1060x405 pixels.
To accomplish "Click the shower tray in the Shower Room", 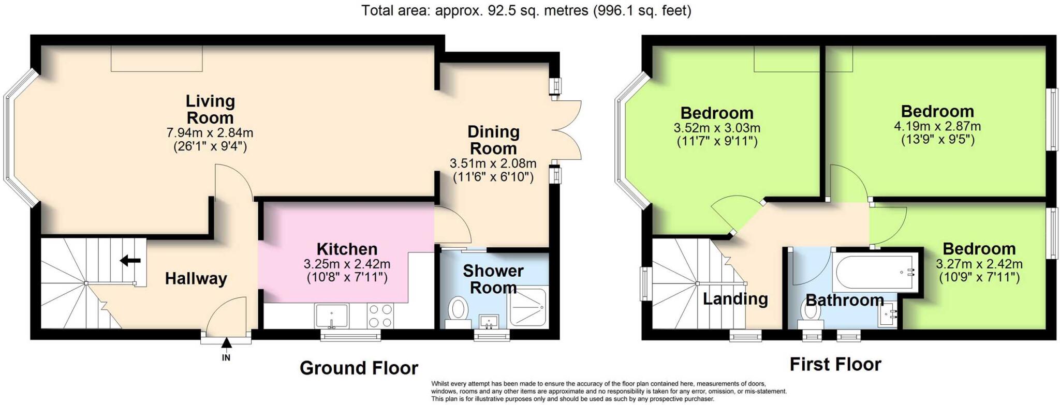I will [x=527, y=307].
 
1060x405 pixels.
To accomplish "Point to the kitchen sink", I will [x=331, y=316].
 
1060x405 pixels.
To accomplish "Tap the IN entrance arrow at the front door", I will [x=226, y=343].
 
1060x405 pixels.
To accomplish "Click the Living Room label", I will [x=210, y=109].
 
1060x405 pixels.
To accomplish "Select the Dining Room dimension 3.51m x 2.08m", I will [x=493, y=163].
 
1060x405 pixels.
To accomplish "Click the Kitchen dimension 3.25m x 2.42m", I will [x=347, y=264].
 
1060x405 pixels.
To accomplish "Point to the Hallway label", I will [x=196, y=279].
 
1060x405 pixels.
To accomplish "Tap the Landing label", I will [x=735, y=298].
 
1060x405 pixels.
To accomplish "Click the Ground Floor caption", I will [x=359, y=368].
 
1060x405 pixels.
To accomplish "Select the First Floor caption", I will [x=835, y=364].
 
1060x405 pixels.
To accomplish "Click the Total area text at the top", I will [x=526, y=10].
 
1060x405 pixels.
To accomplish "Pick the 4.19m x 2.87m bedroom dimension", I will [x=937, y=126].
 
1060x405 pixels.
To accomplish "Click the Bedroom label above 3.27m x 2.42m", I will [x=979, y=249].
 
